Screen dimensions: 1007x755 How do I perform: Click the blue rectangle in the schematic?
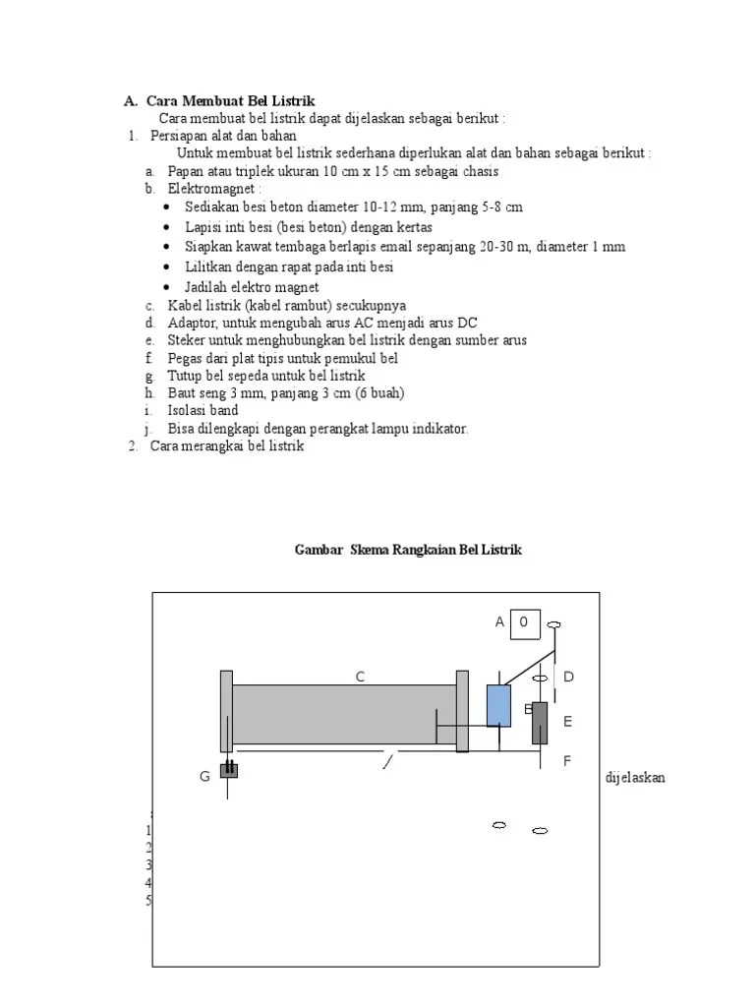tap(499, 705)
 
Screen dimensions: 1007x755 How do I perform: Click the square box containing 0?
tap(524, 622)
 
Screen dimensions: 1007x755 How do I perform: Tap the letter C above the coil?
tap(361, 677)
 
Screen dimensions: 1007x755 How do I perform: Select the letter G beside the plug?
tap(204, 777)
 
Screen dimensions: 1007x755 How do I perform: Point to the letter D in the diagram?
tap(568, 678)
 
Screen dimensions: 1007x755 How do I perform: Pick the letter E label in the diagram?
tap(567, 722)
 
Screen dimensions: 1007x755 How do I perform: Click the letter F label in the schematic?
tap(567, 761)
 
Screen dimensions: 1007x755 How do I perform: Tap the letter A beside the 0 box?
tap(499, 622)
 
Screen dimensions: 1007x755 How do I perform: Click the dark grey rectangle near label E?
tap(540, 723)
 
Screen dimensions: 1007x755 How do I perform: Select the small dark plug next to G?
tap(229, 770)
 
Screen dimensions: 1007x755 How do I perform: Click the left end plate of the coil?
tap(226, 710)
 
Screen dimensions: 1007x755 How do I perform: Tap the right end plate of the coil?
tap(462, 710)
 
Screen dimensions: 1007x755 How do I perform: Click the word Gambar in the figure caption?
tap(318, 551)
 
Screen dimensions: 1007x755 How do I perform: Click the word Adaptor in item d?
tap(192, 323)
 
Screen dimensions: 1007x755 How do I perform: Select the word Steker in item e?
tap(188, 340)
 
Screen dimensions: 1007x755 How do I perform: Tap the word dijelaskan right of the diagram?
tap(635, 777)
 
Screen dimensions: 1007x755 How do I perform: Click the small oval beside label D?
tap(540, 679)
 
